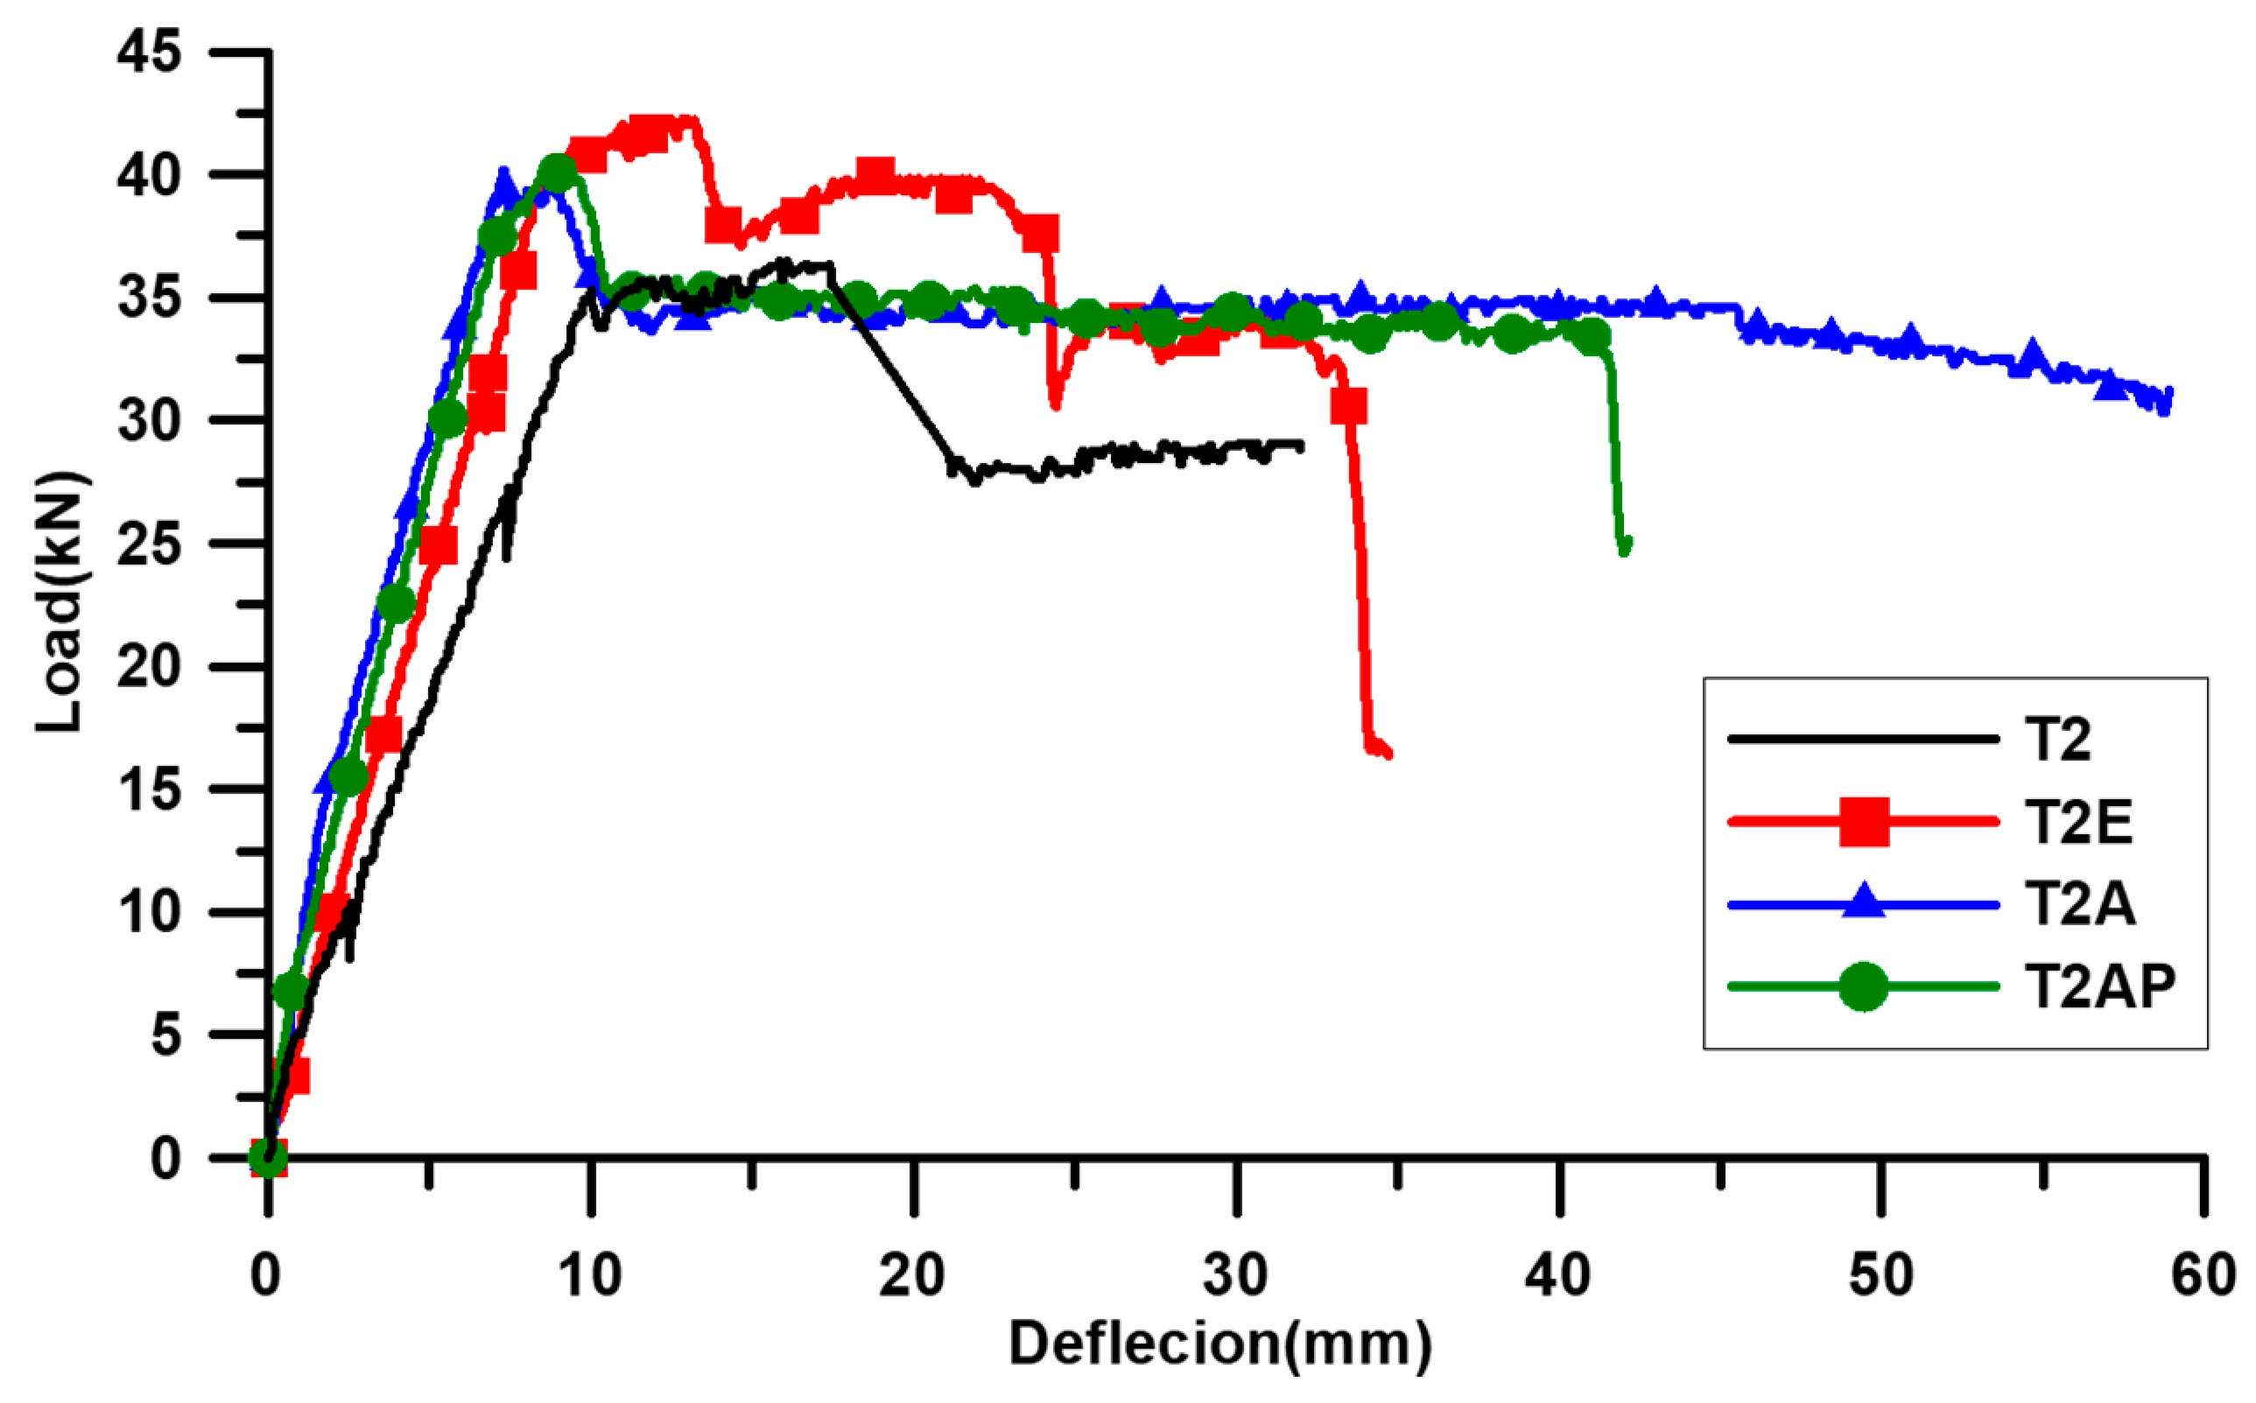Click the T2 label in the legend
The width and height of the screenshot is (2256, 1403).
(2057, 740)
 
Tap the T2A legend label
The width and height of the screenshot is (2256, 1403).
(2080, 903)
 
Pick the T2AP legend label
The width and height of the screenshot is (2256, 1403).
(2099, 986)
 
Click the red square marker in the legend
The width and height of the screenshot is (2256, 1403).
(1864, 821)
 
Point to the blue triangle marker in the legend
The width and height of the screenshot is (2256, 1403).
(1864, 901)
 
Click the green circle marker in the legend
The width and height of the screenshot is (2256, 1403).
(1864, 986)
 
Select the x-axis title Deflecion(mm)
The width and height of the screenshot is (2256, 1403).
(1219, 1343)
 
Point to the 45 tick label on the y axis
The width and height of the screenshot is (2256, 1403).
(149, 52)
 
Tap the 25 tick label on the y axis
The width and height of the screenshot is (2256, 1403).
(149, 544)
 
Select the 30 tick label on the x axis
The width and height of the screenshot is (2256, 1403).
(1235, 1275)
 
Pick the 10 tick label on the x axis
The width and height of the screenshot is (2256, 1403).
(589, 1275)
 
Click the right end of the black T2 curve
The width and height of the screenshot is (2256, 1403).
(1301, 447)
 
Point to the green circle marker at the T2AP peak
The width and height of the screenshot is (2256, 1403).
(557, 172)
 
